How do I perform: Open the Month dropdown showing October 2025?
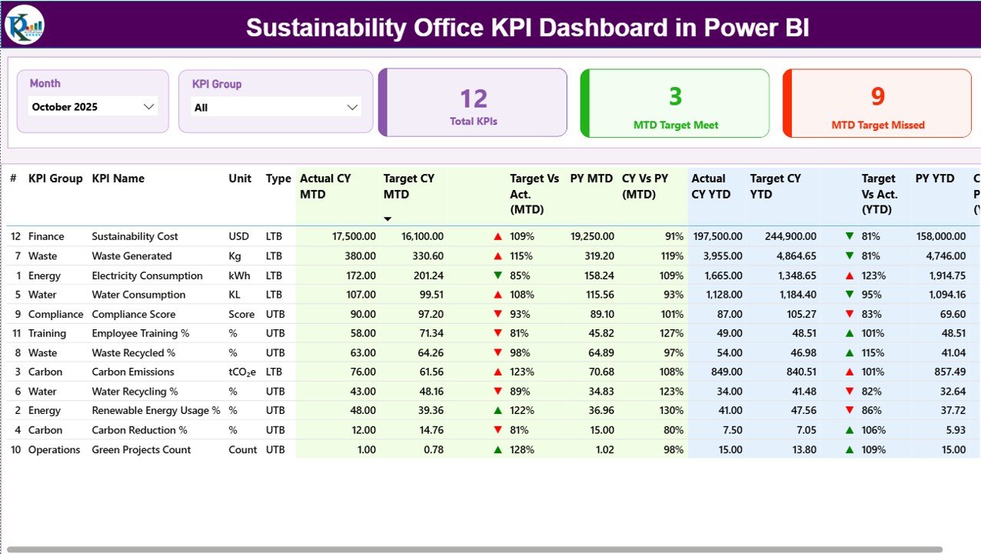92,107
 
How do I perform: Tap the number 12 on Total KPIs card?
474,98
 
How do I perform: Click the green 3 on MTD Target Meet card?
675,96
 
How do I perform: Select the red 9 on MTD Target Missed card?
878,96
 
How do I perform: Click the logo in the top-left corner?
25,25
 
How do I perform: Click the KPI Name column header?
118,179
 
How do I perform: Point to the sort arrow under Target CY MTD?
387,219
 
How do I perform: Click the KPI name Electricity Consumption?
147,275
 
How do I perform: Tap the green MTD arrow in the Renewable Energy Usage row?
498,411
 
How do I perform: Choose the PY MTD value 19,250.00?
591,236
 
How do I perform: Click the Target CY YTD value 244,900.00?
790,236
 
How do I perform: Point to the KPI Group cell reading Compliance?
55,314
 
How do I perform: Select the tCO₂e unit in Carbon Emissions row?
242,372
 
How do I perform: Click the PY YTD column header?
933,179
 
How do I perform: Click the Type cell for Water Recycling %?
275,392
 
